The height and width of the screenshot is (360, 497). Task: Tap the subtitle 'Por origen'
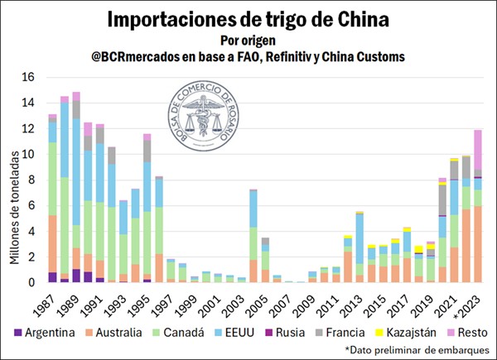coord(248,40)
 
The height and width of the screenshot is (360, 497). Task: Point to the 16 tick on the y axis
coord(29,77)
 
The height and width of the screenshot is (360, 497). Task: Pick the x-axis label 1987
coord(50,299)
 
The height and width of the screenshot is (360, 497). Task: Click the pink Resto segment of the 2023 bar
coord(478,150)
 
